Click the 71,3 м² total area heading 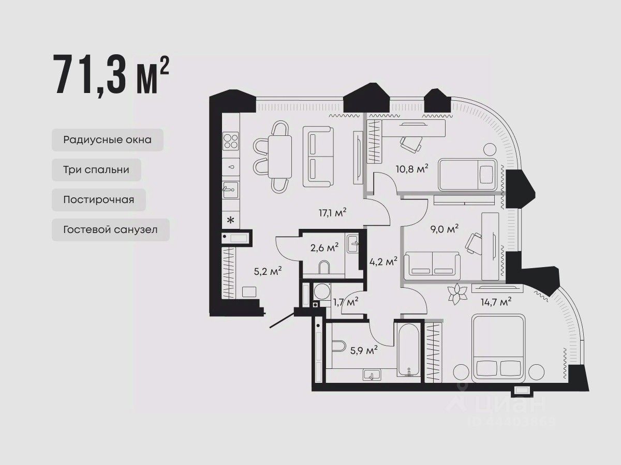click(111, 74)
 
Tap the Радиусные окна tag click(108, 139)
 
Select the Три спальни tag click(96, 169)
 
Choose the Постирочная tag click(99, 199)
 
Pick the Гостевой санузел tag click(111, 229)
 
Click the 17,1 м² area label click(332, 212)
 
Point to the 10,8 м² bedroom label click(412, 169)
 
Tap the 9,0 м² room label click(445, 229)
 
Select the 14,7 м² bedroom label click(496, 302)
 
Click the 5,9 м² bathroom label click(364, 350)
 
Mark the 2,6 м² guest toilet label click(324, 247)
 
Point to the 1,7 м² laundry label click(346, 302)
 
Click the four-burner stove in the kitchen click(231, 141)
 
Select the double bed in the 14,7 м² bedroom click(498, 348)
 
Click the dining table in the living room click(280, 157)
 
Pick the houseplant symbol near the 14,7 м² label click(457, 294)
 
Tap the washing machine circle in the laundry click(322, 291)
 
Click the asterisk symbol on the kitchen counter click(231, 220)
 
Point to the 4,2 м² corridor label click(383, 261)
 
